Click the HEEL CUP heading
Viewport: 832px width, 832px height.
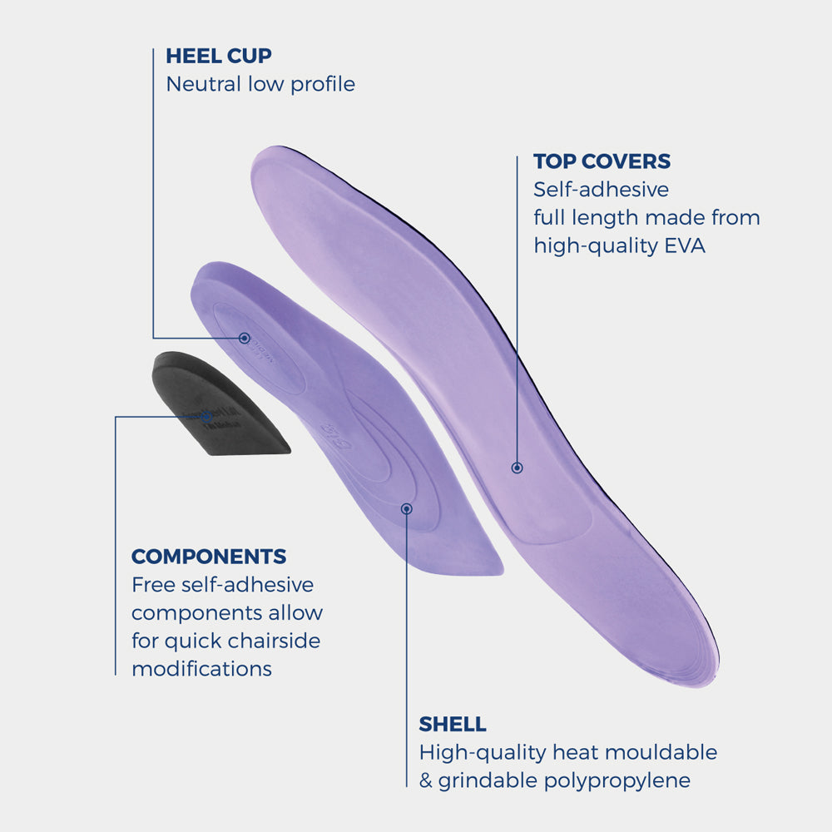(x=219, y=57)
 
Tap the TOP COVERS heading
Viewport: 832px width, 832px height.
(x=602, y=161)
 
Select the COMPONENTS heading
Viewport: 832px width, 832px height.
(x=209, y=557)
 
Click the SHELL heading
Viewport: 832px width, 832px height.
(x=453, y=724)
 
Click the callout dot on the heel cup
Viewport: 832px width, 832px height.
(x=245, y=338)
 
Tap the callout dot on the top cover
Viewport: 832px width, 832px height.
(x=517, y=468)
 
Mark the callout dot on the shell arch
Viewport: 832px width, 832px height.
(x=407, y=508)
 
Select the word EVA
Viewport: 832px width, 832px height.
(x=684, y=246)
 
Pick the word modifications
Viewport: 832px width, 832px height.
(x=201, y=669)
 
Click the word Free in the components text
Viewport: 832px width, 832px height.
(x=152, y=585)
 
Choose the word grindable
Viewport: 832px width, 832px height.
(x=485, y=780)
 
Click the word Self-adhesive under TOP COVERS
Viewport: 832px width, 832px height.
(x=601, y=190)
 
